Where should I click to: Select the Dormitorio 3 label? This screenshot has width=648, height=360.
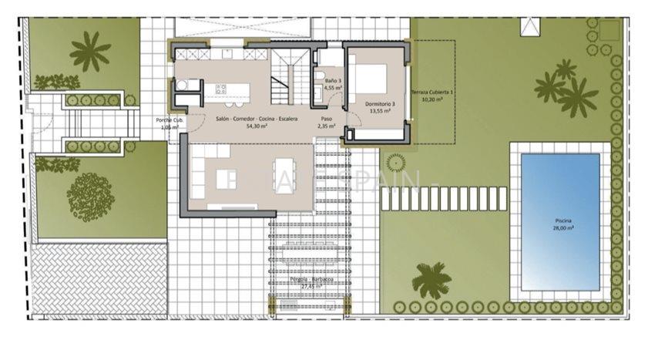click(x=380, y=103)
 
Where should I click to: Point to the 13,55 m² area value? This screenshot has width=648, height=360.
click(x=380, y=111)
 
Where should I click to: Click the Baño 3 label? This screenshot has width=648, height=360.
click(x=332, y=80)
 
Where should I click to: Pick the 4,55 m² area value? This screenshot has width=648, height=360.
click(x=332, y=88)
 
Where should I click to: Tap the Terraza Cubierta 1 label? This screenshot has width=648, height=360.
click(x=431, y=93)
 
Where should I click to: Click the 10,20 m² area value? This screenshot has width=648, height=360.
click(x=431, y=99)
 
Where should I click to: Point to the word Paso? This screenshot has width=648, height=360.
click(x=326, y=119)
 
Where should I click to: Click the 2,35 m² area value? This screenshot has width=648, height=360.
click(x=326, y=126)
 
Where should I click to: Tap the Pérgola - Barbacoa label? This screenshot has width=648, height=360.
click(x=311, y=279)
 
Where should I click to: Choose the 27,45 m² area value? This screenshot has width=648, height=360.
click(x=311, y=286)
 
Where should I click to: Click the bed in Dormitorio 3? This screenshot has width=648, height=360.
click(x=373, y=80)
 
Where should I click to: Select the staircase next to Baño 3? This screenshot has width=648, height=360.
click(x=290, y=72)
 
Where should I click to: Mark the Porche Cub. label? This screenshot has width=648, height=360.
click(x=169, y=120)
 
